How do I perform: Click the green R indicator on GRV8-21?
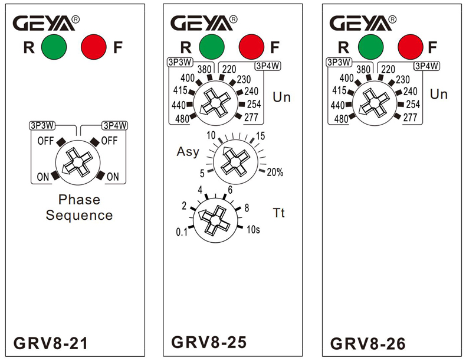pyautogui.click(x=54, y=47)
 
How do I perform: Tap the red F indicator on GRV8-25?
pyautogui.click(x=252, y=47)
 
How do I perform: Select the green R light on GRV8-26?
pyautogui.click(x=371, y=46)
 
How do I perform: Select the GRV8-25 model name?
pyautogui.click(x=208, y=342)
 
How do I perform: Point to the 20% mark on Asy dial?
pyautogui.click(x=275, y=173)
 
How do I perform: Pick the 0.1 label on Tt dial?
pyautogui.click(x=181, y=232)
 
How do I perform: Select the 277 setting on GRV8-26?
pyautogui.click(x=410, y=117)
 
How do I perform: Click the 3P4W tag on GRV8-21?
pyautogui.click(x=114, y=125)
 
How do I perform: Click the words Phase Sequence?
pyautogui.click(x=79, y=207)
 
